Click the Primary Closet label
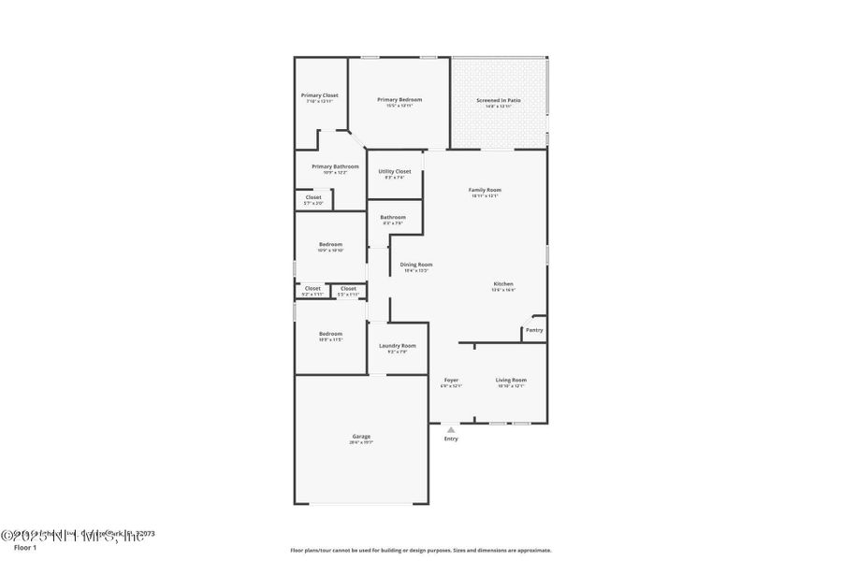tap(319, 95)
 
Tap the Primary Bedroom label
tap(399, 100)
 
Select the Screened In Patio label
tap(499, 100)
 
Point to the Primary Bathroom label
tap(335, 166)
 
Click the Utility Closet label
tap(394, 171)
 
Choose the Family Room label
tap(485, 190)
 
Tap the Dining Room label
tap(416, 265)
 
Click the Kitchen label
tap(503, 284)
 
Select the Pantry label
tap(534, 330)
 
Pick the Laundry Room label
tap(397, 346)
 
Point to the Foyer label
tap(451, 380)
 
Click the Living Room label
tap(511, 380)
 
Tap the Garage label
tap(361, 437)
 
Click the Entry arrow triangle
tap(451, 429)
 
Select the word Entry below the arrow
tap(451, 439)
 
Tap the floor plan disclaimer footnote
tap(421, 550)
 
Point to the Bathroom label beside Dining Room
tap(393, 218)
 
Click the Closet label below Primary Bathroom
tap(313, 197)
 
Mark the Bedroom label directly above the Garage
tap(330, 334)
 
